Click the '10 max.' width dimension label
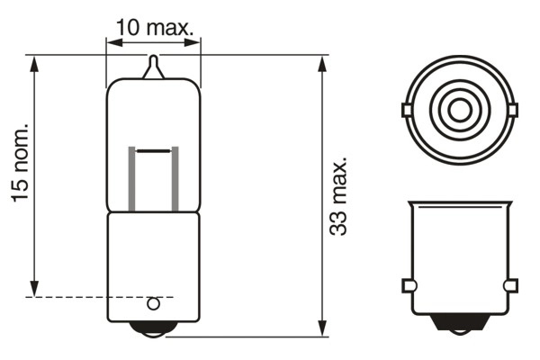155,28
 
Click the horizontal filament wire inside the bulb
153,150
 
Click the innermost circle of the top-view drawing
459,111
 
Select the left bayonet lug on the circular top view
407,111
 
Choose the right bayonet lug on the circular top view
512,111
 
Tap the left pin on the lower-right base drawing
408,285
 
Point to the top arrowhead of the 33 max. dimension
322,61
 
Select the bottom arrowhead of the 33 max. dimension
322,330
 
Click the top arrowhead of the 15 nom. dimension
34,61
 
